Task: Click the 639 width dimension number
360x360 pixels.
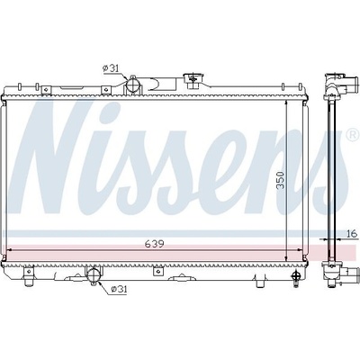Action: coord(155,244)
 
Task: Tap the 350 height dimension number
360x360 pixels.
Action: coord(281,180)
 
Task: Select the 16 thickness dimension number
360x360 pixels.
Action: coord(353,233)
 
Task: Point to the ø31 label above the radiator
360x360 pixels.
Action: coord(111,68)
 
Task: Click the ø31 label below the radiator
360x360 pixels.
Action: coord(119,290)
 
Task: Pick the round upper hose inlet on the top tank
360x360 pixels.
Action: coord(132,85)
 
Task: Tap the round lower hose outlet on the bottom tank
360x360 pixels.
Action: coord(94,275)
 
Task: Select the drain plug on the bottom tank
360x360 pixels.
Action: coord(296,277)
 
